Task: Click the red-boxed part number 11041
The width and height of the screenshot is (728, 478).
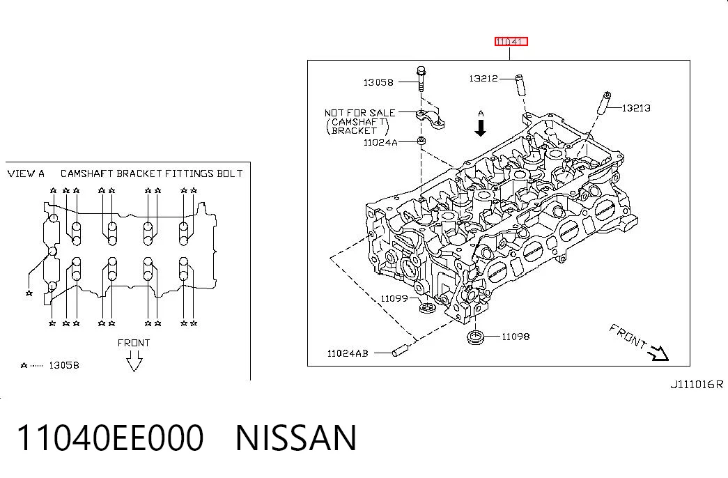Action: point(511,42)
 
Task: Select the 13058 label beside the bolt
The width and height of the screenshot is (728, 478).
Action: point(378,83)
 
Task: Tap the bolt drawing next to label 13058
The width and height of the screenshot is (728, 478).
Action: point(421,79)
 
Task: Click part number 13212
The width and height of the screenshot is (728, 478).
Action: point(483,79)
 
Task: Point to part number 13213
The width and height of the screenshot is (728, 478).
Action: point(636,108)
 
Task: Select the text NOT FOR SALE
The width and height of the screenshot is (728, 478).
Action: point(360,113)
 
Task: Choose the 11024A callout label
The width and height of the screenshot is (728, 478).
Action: point(380,143)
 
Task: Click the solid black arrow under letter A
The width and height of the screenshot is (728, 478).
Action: point(481,128)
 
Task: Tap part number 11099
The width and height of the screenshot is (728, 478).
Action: point(394,299)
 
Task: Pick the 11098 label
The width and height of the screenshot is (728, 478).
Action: point(516,337)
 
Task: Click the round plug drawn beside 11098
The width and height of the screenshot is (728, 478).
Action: point(475,337)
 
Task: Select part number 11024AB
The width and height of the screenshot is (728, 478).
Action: point(348,353)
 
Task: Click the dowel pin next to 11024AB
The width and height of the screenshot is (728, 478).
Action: point(400,350)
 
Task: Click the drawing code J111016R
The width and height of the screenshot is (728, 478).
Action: point(697,385)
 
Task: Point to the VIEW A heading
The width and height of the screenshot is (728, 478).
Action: point(26,174)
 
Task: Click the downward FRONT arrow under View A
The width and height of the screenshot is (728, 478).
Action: point(134,361)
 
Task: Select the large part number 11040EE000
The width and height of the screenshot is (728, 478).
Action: point(110,438)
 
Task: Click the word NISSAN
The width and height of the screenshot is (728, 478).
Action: point(296,438)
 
